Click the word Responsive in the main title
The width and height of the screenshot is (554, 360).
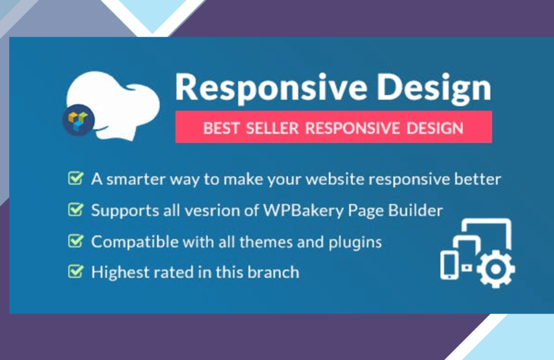coord(271,88)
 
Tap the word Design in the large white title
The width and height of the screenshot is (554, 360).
coord(434,88)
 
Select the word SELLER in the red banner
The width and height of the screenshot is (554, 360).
coord(273,128)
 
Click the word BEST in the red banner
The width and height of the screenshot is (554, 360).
coord(221,128)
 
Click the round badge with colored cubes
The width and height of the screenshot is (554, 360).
coord(78,120)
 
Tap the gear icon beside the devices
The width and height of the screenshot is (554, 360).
coord(496,269)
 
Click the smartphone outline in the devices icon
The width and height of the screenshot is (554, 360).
coord(449,265)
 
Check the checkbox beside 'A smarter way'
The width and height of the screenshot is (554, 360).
coord(76,178)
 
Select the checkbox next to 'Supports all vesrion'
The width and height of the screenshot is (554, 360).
coord(76,209)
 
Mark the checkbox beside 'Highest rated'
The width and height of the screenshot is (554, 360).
coord(76,271)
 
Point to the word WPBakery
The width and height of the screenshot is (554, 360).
coord(303,211)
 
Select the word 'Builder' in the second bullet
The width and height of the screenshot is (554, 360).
coord(415,211)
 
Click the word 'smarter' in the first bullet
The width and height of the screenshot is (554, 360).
coord(136,179)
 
